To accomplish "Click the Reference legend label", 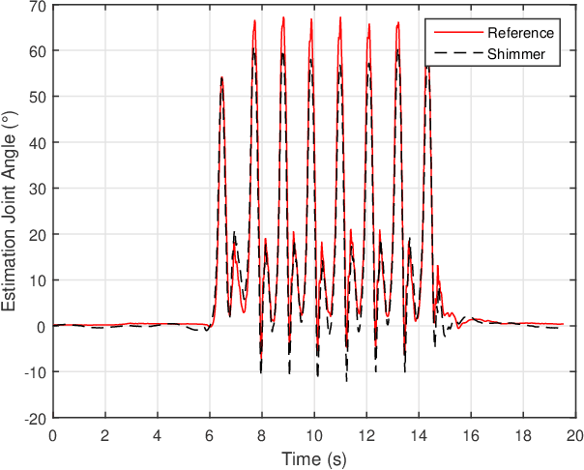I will (520, 33).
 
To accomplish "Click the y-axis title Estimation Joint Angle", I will (11, 212).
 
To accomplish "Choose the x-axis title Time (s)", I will (313, 457).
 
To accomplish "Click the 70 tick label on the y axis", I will (38, 6).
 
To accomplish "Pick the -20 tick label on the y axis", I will (34, 419).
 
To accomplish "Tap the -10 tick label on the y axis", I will (34, 372).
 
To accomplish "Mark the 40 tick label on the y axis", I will (38, 143).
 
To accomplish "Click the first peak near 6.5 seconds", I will (221, 77).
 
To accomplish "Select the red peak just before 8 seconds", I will (255, 20).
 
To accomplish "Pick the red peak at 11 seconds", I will (340, 17).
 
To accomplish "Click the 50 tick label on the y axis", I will (38, 97).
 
